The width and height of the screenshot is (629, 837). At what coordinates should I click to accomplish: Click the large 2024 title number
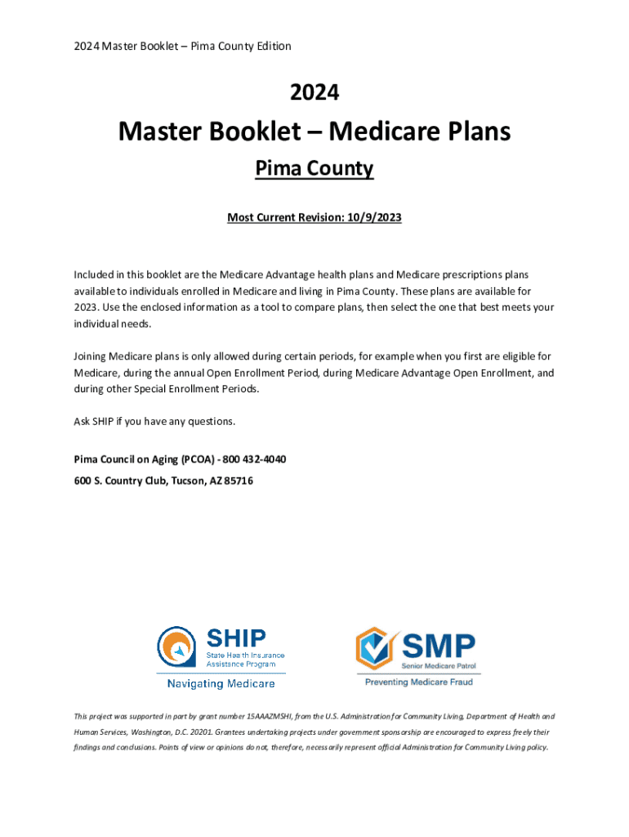click(x=314, y=93)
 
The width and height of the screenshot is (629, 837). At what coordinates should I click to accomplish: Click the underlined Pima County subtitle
click(x=314, y=168)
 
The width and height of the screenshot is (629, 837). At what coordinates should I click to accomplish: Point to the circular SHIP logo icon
click(x=177, y=647)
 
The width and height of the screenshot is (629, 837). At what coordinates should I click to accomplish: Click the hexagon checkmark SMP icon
click(x=377, y=648)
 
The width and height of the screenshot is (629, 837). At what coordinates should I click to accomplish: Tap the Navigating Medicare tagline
click(x=221, y=683)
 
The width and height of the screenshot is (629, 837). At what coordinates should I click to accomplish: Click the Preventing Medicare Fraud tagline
click(x=417, y=682)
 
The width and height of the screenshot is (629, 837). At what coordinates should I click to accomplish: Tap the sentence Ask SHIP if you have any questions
click(x=154, y=421)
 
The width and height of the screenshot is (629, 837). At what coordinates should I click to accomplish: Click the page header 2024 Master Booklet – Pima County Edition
click(x=182, y=46)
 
